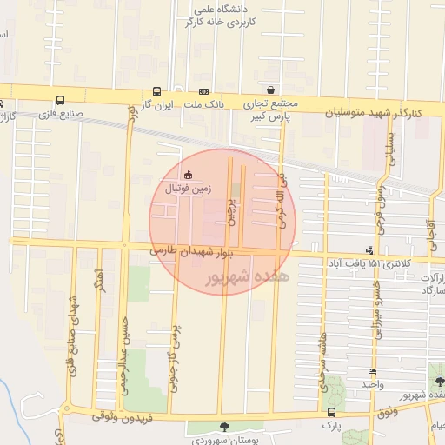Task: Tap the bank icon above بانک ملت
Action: pyautogui.click(x=203, y=90)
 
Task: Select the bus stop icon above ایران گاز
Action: pyautogui.click(x=156, y=90)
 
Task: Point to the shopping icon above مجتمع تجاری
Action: pyautogui.click(x=271, y=90)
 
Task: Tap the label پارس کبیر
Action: pyautogui.click(x=269, y=115)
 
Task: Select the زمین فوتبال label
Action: pyautogui.click(x=188, y=187)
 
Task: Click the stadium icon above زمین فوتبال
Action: pyautogui.click(x=188, y=175)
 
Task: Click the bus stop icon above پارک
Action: pyautogui.click(x=330, y=413)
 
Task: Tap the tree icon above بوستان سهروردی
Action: pyautogui.click(x=226, y=426)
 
